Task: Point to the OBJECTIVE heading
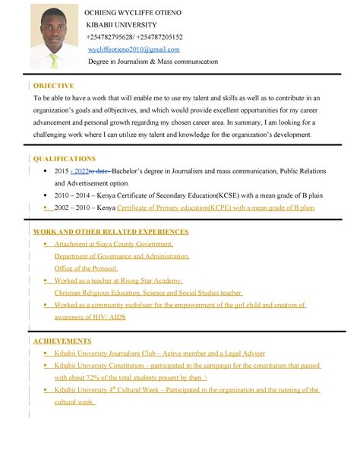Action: (x=53, y=86)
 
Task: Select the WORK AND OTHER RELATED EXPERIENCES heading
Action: (x=111, y=232)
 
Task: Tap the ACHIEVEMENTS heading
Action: (x=62, y=341)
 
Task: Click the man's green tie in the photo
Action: (x=54, y=59)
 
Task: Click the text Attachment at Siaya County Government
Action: (x=113, y=244)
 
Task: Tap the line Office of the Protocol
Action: (x=85, y=268)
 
